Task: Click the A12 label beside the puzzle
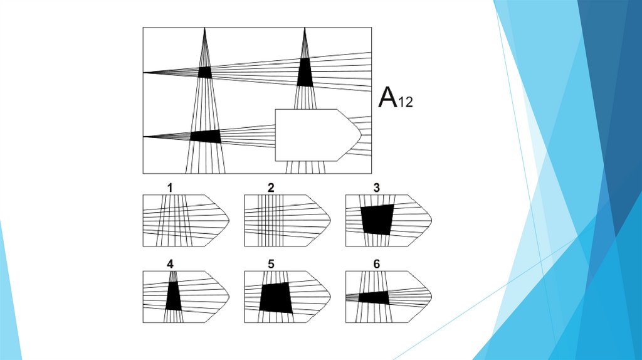(396, 99)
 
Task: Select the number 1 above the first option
(169, 188)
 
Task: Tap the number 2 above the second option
(271, 188)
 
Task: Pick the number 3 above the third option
(376, 188)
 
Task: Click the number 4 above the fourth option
(170, 264)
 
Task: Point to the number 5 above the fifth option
(271, 264)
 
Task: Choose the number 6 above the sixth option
(376, 264)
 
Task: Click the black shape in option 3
(377, 219)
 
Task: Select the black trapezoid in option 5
(276, 297)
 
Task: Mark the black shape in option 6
(374, 297)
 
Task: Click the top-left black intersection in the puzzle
(205, 72)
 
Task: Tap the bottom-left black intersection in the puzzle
(206, 136)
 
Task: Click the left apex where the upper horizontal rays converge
(144, 73)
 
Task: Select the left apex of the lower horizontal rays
(144, 136)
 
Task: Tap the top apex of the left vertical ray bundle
(205, 29)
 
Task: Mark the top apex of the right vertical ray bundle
(305, 29)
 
